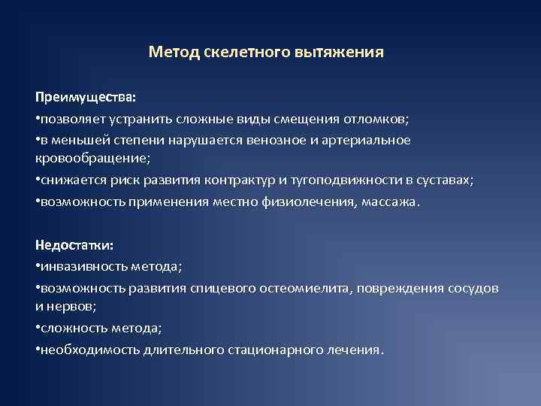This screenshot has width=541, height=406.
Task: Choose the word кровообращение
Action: [x=92, y=158]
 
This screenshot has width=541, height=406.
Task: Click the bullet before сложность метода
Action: [x=38, y=329]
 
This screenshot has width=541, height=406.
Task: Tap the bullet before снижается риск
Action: [x=38, y=180]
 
